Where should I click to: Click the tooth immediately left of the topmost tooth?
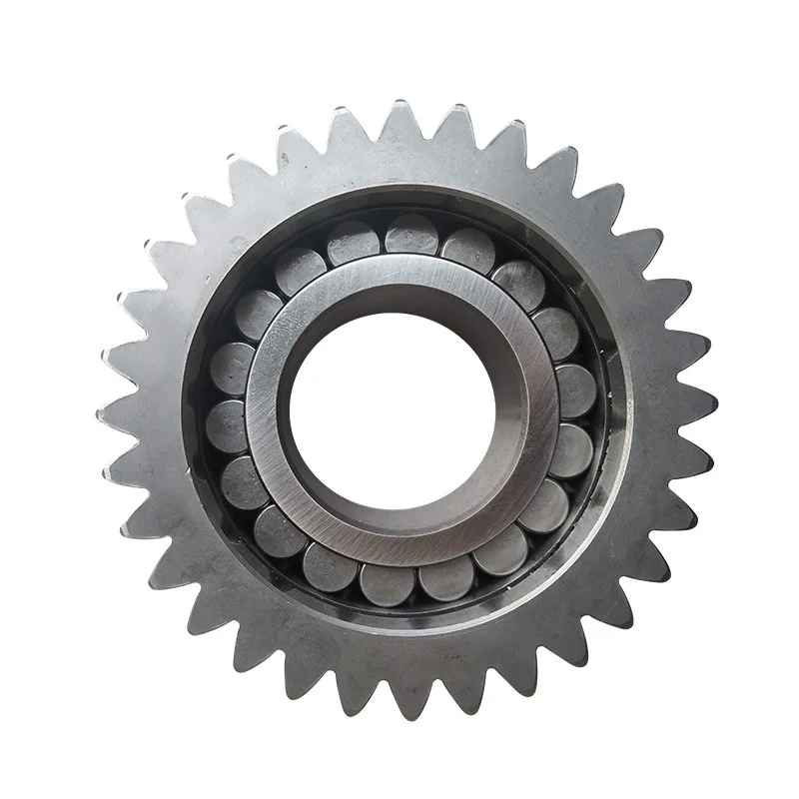[349, 120]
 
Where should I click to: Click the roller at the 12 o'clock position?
[410, 234]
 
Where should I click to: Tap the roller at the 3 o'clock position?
[576, 391]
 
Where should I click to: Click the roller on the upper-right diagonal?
[518, 281]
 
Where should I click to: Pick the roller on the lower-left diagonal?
[281, 529]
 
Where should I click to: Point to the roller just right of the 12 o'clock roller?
[465, 248]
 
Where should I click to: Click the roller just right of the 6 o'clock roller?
[445, 576]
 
